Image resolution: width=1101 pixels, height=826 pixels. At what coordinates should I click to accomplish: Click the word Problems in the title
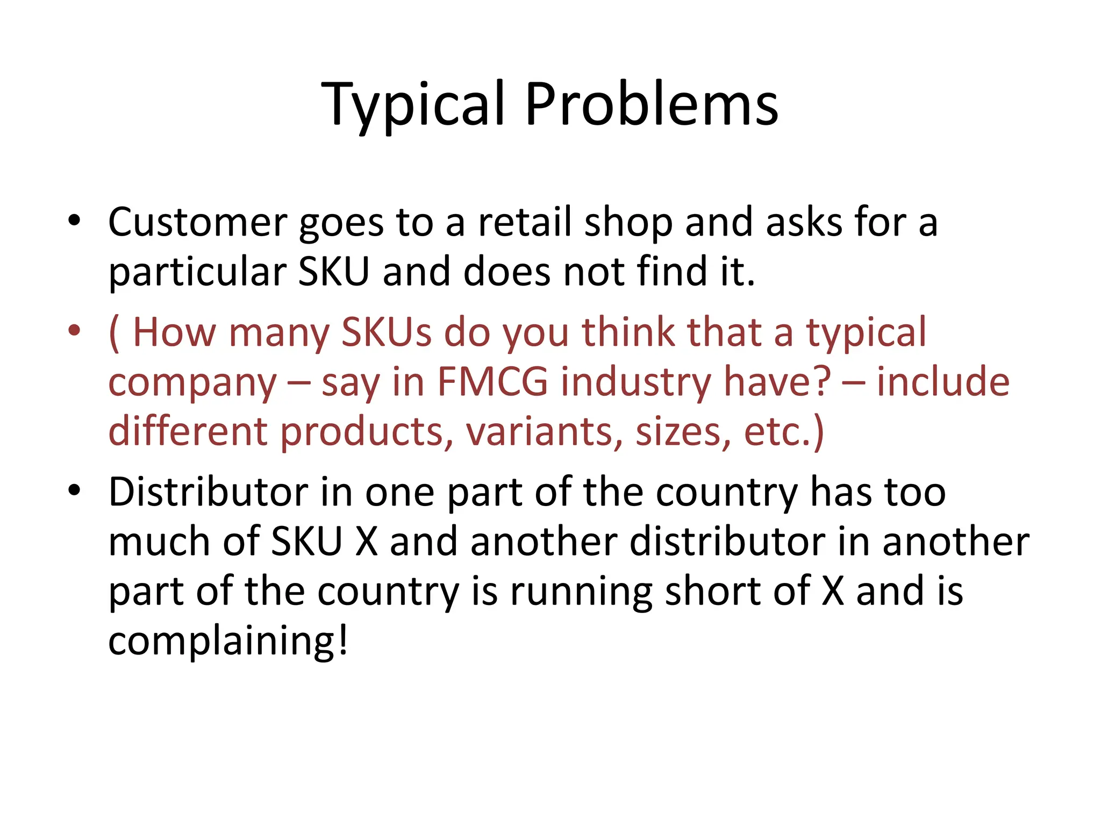tap(651, 104)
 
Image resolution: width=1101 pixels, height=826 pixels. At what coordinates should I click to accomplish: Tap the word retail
tap(525, 222)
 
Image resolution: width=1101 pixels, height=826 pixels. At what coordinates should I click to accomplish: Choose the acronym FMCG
tap(492, 381)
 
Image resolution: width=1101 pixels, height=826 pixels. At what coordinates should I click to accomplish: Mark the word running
tap(581, 592)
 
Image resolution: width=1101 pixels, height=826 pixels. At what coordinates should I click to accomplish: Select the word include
tap(943, 381)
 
